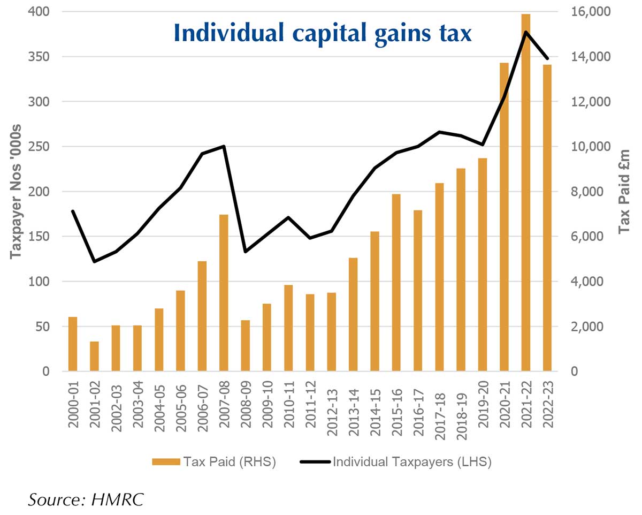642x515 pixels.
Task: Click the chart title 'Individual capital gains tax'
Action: point(323,33)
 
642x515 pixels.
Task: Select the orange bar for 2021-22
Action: point(525,193)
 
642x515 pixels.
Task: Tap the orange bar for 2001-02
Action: point(94,356)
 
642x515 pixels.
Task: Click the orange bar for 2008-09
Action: point(245,345)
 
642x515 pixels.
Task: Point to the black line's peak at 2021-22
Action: point(525,32)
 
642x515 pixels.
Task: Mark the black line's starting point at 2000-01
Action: point(73,211)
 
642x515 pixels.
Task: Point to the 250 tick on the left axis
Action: point(40,147)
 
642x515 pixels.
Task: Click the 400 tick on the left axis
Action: point(40,12)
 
